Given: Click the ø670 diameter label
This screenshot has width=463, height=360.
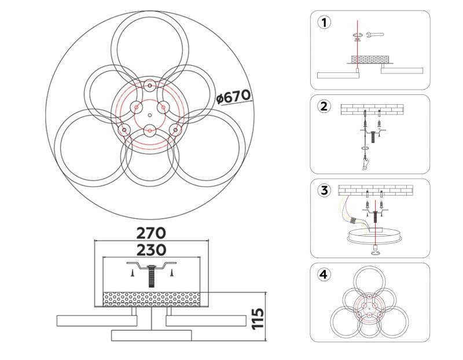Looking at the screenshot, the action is [x=234, y=97].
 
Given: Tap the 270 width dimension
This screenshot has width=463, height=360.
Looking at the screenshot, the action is [x=151, y=233].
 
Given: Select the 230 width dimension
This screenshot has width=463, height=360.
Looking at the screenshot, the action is [x=151, y=250].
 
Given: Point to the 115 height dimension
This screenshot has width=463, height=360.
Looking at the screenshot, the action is [x=258, y=318].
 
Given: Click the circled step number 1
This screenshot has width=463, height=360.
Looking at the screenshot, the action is [x=324, y=23].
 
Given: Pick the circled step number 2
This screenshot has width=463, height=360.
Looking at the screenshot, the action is [x=324, y=106].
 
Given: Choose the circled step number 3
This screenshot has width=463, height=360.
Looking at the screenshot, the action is [x=324, y=190].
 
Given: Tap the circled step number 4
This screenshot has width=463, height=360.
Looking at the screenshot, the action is [x=324, y=274].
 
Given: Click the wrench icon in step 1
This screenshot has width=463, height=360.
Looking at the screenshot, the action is [x=375, y=35].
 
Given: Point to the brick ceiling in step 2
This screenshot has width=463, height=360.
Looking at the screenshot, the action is [x=372, y=109].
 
